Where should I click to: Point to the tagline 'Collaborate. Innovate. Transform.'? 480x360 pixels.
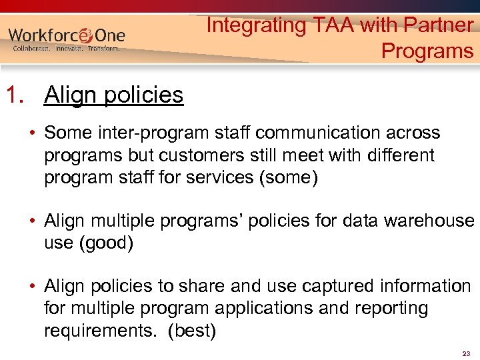[x=66, y=49]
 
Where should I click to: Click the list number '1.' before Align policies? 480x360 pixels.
[x=19, y=95]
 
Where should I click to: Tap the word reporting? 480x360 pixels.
[x=393, y=309]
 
